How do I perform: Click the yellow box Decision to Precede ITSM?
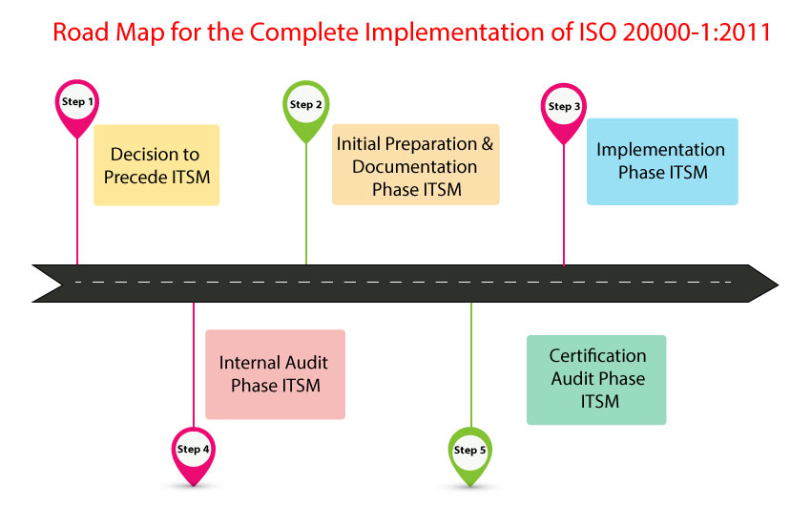click(156, 165)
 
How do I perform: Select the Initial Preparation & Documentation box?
click(416, 164)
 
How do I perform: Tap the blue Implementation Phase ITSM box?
click(662, 161)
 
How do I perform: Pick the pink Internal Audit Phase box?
click(275, 374)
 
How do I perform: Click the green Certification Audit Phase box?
click(596, 380)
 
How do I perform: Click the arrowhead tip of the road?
click(778, 284)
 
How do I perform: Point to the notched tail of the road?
click(62, 284)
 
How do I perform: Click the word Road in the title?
click(81, 32)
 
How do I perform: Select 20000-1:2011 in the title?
click(697, 32)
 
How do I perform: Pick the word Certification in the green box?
click(597, 356)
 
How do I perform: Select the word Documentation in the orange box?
click(415, 167)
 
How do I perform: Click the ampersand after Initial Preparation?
click(488, 143)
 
